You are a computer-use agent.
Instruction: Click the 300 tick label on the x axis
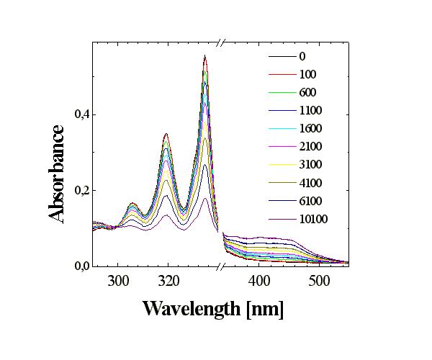[x=118, y=282]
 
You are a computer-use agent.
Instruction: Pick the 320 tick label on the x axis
[x=168, y=282]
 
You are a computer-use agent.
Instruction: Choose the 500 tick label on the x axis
[x=320, y=282]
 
